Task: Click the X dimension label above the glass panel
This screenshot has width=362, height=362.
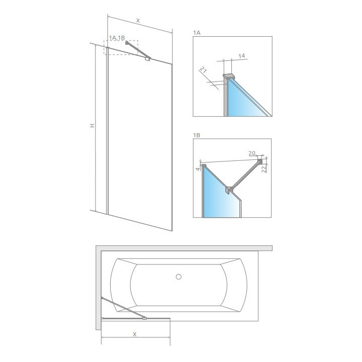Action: click(x=138, y=21)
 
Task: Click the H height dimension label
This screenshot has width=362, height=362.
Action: click(x=93, y=126)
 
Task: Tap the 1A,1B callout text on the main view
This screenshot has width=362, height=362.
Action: click(x=117, y=38)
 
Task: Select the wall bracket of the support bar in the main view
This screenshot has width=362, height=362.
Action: click(x=127, y=44)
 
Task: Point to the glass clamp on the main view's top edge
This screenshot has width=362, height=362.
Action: click(x=147, y=59)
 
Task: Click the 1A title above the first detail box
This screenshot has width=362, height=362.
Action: click(x=197, y=32)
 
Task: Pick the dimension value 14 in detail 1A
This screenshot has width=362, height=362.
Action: click(x=241, y=56)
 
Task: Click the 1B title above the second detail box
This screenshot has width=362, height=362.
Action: click(x=197, y=135)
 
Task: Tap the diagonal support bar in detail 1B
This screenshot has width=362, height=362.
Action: click(x=245, y=174)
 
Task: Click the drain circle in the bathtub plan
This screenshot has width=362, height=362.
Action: click(x=179, y=276)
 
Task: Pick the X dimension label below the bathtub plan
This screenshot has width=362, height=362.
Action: click(x=135, y=334)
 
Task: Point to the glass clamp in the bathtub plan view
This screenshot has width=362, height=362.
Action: click(x=145, y=318)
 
